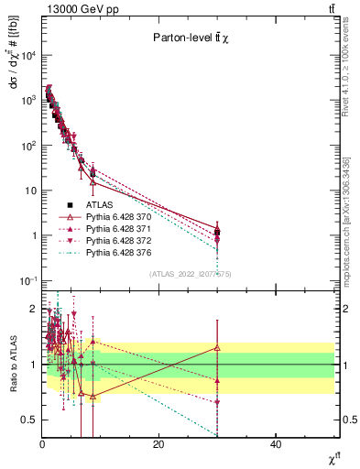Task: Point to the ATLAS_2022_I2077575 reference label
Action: pyautogui.click(x=190, y=274)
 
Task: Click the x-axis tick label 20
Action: pyautogui.click(x=159, y=444)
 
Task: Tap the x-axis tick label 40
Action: pyautogui.click(x=276, y=444)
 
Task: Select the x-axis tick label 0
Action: pyautogui.click(x=42, y=444)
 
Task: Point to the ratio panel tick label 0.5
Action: pyautogui.click(x=30, y=420)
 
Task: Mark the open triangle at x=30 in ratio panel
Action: pyautogui.click(x=217, y=348)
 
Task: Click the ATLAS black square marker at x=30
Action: pyautogui.click(x=217, y=232)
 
